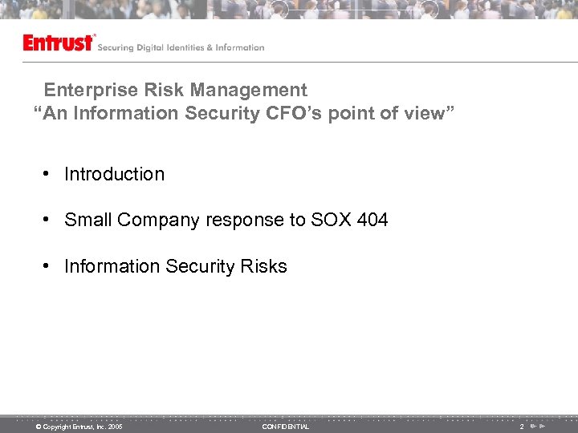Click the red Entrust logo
[x=59, y=42]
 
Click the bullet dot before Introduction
[x=49, y=174]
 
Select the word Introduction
[x=114, y=174]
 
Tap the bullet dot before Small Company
[x=49, y=220]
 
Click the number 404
[x=372, y=220]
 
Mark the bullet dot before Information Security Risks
[x=49, y=266]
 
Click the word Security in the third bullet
[x=200, y=267]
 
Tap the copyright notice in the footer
[x=78, y=427]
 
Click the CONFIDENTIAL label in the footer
[x=285, y=427]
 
